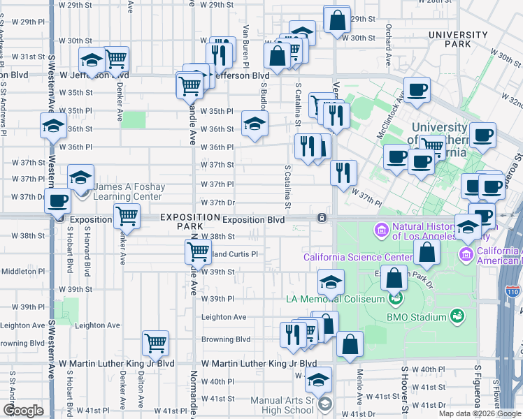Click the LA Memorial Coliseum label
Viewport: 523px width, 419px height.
tap(336, 299)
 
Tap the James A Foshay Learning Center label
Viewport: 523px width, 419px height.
tap(127, 192)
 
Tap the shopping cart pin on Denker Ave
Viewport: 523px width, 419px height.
tap(126, 216)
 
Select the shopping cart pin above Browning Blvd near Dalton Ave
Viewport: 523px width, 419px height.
tap(155, 342)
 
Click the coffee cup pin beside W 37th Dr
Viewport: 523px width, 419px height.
tap(58, 200)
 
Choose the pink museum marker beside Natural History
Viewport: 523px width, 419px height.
tap(382, 229)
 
